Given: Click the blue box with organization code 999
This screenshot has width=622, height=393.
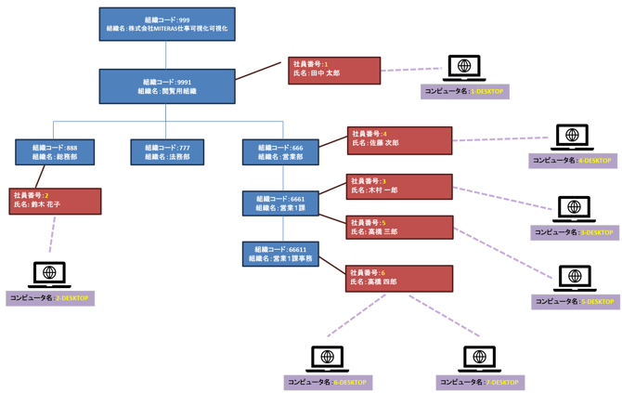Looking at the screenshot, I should [167, 24].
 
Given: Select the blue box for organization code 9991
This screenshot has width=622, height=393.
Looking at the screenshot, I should [167, 86].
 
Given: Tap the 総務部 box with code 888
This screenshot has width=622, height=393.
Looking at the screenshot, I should [55, 152].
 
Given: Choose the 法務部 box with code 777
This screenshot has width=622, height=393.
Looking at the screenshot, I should [167, 152].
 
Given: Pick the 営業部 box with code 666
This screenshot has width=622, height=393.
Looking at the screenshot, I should [280, 152].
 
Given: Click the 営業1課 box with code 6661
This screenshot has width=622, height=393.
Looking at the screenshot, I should [280, 203].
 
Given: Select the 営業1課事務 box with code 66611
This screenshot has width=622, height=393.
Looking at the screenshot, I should [280, 255].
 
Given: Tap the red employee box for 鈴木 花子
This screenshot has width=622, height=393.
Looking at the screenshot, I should [55, 202].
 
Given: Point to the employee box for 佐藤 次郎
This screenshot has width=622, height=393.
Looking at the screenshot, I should [399, 140].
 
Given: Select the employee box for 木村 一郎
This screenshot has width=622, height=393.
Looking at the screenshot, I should [399, 187].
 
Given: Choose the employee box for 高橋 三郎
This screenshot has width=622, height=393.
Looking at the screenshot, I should [399, 228].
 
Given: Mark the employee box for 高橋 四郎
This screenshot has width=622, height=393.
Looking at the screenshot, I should [399, 278].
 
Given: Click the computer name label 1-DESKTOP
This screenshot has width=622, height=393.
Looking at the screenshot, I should [465, 92].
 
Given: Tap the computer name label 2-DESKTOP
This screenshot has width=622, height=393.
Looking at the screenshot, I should [50, 298].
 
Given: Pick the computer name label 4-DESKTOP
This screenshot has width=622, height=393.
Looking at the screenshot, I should [574, 161].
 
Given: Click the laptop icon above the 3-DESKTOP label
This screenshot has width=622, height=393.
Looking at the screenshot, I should [575, 208].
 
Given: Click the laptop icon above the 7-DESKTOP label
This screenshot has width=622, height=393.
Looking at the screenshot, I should [480, 358].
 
